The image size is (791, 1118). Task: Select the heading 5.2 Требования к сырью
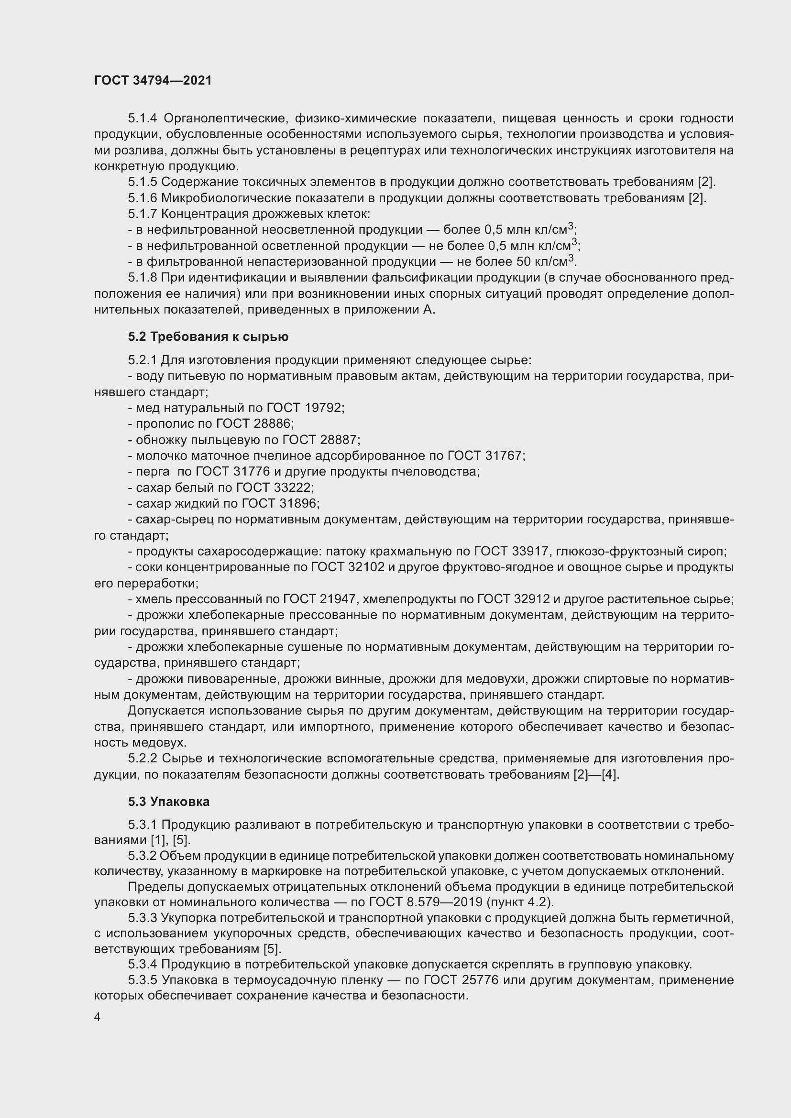click(208, 336)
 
